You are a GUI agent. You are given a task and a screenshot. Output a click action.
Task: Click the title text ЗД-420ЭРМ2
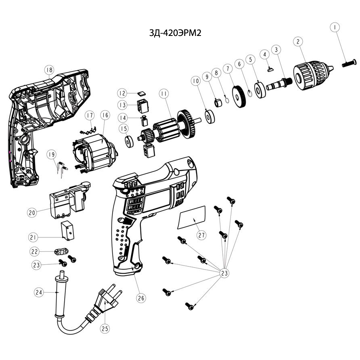tap(175, 33)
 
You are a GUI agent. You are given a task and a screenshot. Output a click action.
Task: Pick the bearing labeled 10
tap(209, 117)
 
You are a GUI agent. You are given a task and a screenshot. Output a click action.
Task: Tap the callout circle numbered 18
tap(49, 70)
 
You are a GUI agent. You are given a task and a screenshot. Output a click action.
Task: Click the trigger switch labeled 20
tap(69, 199)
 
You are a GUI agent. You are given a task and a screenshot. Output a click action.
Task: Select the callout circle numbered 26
tap(141, 298)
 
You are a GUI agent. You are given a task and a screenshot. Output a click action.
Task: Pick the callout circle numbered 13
tap(123, 105)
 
